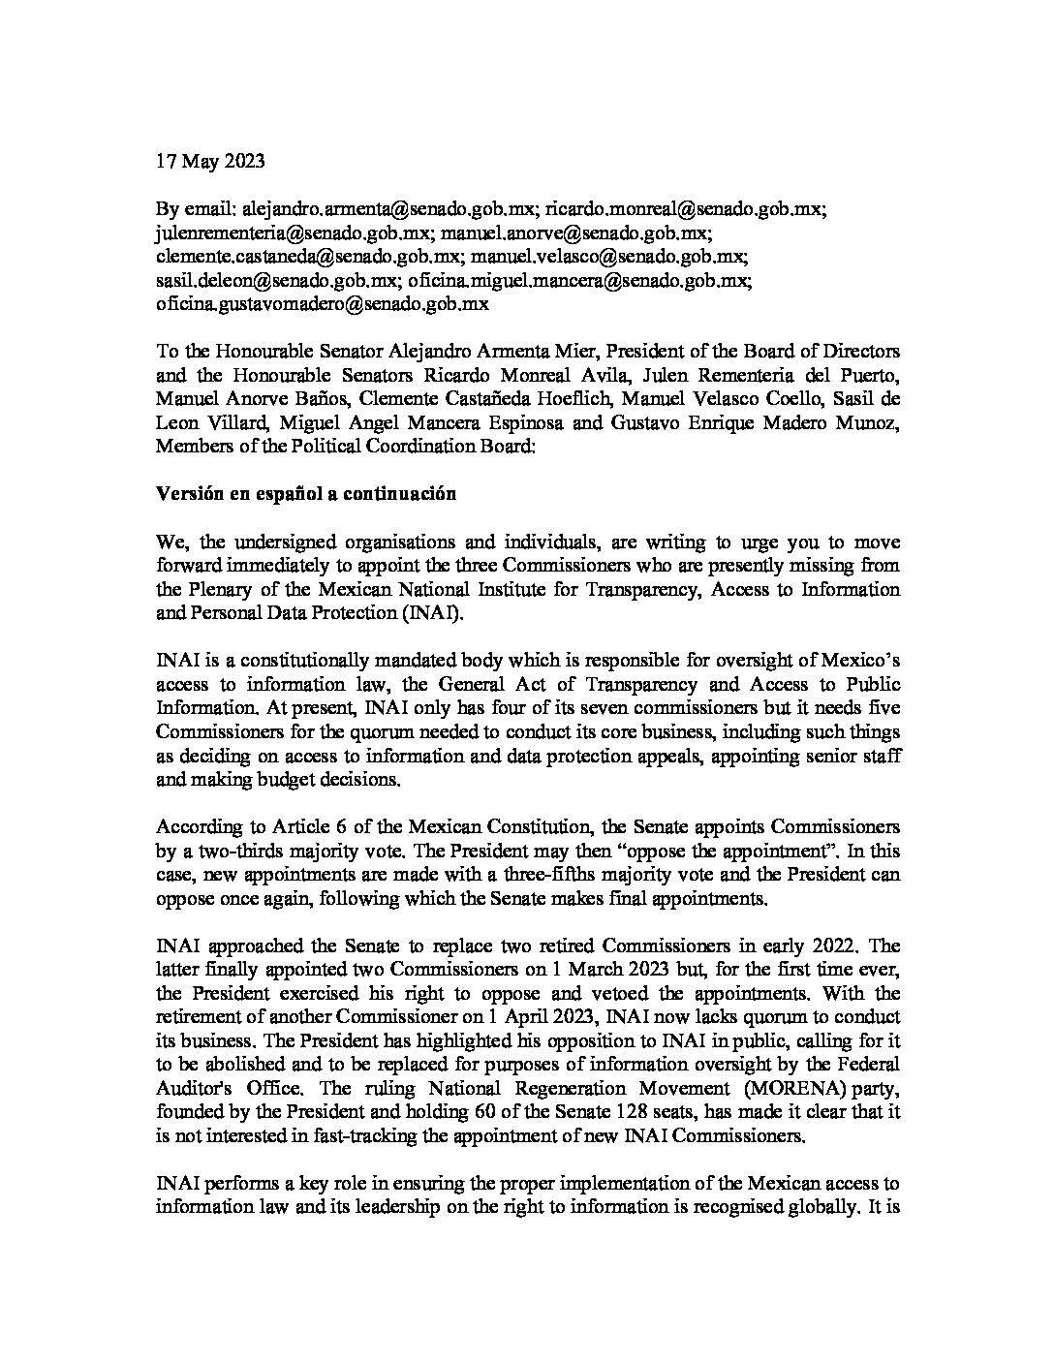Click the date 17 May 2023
tap(209, 162)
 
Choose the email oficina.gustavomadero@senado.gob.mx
tap(323, 303)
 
